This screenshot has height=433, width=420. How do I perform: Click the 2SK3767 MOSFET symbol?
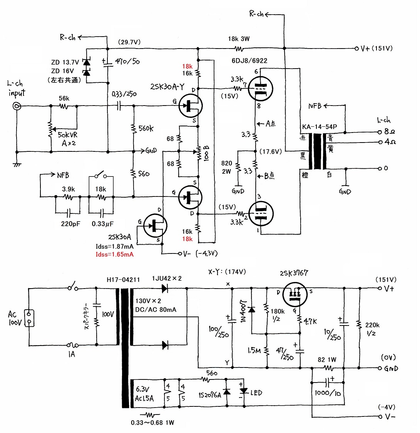pos(295,294)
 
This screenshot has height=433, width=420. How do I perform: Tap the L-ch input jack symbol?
pos(17,106)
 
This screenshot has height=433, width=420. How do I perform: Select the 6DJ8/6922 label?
pos(249,61)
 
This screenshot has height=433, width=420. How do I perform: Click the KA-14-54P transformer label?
pos(320,127)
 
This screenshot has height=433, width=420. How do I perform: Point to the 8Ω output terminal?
pos(380,132)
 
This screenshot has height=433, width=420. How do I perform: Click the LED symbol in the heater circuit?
pos(244,391)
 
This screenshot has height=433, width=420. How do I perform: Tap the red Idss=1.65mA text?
pos(114,254)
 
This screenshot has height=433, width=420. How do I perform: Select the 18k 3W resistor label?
pos(239,39)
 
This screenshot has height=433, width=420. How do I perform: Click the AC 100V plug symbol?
pos(29,318)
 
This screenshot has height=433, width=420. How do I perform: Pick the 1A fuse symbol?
pos(72,345)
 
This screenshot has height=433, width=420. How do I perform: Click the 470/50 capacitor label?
pos(127,61)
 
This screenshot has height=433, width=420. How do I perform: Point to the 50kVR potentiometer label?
pos(68,135)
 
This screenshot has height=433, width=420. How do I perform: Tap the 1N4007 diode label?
pos(243,311)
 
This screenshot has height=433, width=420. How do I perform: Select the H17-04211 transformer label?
pos(123,280)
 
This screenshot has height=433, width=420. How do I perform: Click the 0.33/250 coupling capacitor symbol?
pos(119,106)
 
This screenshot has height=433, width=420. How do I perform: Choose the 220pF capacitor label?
pos(71,224)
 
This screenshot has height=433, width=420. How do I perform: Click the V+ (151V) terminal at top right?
pos(356,49)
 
